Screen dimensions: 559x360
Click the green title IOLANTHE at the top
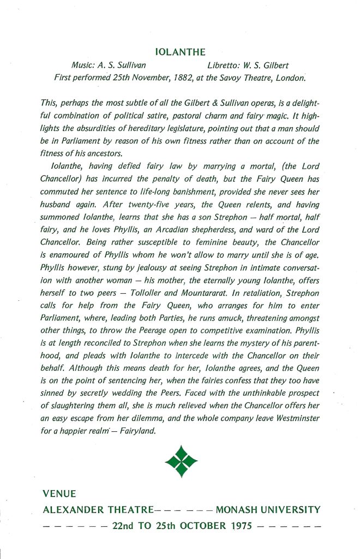tap(181, 52)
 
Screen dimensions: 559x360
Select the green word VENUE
tap(59, 495)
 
